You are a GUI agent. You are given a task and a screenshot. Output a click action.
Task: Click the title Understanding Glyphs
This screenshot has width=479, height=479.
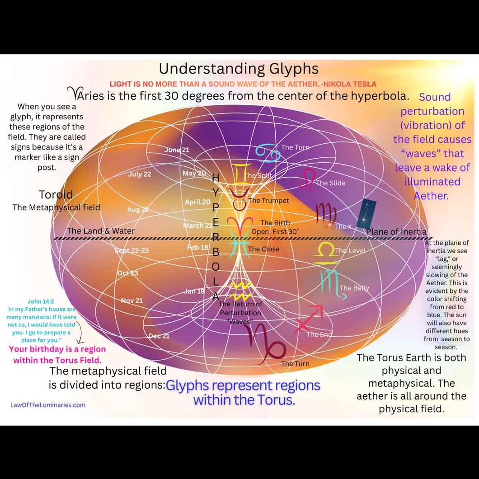(239, 69)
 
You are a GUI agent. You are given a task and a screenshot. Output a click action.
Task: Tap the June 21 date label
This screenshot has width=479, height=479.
(177, 150)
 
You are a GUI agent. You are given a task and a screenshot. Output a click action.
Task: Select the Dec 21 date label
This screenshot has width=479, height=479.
(159, 336)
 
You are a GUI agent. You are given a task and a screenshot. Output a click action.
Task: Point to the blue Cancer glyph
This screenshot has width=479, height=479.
(268, 152)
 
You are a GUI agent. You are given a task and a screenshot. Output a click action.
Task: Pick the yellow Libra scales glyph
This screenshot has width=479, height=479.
(325, 254)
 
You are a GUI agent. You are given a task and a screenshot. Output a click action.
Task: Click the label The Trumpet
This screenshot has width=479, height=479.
(268, 201)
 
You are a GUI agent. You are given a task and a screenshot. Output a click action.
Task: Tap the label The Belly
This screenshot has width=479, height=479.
(354, 288)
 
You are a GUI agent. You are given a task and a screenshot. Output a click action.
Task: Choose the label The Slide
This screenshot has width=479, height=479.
(330, 183)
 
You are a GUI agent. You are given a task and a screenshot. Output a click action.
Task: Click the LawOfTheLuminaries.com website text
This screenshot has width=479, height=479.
(48, 405)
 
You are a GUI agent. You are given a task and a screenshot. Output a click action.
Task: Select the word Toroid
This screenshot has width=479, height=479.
(56, 195)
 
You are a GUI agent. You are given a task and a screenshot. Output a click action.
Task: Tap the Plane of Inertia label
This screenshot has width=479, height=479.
(396, 232)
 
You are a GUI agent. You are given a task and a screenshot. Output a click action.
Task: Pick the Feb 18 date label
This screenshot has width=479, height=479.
(198, 248)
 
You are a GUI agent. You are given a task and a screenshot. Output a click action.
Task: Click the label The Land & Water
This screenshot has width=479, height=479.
(101, 231)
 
